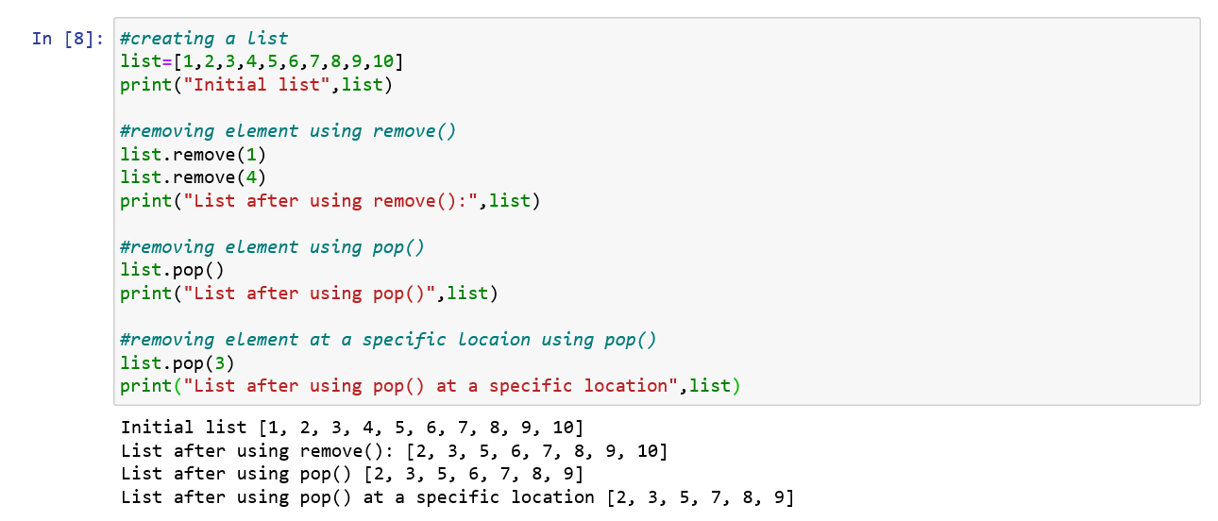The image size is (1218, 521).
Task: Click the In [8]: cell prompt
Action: pos(70,39)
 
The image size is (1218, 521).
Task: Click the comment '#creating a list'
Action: pos(204,39)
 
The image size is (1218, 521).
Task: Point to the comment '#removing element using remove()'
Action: pos(288,131)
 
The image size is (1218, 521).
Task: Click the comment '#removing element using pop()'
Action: pos(272,246)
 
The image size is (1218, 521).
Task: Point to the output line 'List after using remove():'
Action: pos(394,450)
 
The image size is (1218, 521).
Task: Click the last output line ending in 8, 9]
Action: pos(457,496)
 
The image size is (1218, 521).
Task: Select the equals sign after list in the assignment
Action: pos(167,62)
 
